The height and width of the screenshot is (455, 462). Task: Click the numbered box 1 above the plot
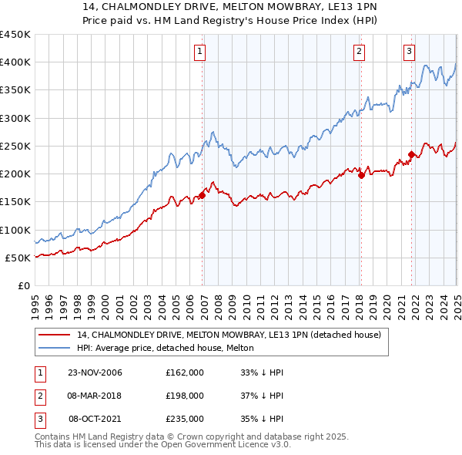click(199, 52)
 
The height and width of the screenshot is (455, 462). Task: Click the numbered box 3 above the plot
click(409, 52)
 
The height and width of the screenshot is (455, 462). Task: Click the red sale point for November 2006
click(203, 195)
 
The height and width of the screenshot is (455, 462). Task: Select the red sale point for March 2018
click(361, 175)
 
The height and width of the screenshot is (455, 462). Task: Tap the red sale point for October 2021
click(411, 154)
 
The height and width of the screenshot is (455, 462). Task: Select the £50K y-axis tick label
click(18, 258)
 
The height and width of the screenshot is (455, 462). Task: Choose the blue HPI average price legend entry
click(169, 349)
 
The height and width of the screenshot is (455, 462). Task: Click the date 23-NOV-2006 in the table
click(95, 372)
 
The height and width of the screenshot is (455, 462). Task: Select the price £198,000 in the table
click(184, 396)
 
